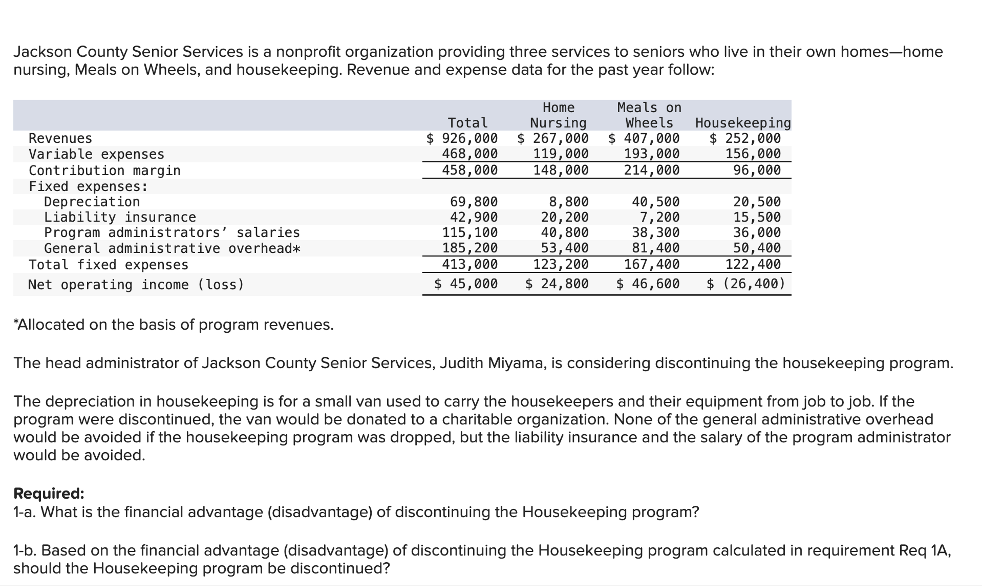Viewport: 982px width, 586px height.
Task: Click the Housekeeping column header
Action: coord(743,123)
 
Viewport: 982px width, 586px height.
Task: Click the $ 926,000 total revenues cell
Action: coord(462,138)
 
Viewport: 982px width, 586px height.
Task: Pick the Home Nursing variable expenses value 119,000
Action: coord(561,154)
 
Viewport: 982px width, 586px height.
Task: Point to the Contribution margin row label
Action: coord(105,170)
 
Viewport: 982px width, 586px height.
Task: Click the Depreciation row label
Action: coord(92,202)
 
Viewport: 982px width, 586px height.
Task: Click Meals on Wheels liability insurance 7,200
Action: coord(659,217)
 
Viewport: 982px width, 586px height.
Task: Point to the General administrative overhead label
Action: coord(172,248)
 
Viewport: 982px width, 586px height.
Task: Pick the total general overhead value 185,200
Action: coord(469,248)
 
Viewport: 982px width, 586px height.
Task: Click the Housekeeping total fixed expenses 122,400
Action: coord(753,264)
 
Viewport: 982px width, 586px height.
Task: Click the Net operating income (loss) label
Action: coord(136,284)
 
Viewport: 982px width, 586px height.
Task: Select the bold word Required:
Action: coord(49,494)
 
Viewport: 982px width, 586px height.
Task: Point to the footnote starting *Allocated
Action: coord(174,325)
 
